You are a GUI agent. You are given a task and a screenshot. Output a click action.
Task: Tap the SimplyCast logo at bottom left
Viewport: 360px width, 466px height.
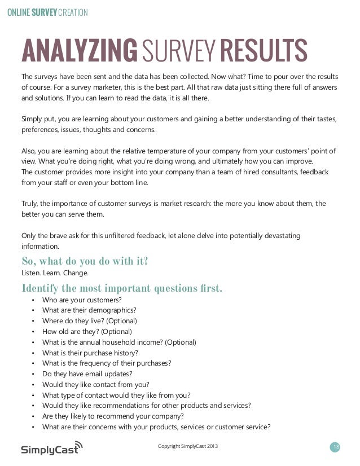51,449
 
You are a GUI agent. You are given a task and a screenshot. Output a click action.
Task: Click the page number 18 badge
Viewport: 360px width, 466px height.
336,447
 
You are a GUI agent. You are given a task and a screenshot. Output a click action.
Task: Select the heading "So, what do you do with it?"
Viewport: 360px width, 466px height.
85,261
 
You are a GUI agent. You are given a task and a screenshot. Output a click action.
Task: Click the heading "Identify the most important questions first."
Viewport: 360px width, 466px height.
122,289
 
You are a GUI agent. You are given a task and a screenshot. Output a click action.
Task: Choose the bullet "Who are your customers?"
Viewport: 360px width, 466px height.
82,300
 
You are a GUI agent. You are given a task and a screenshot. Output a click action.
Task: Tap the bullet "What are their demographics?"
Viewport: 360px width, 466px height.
89,310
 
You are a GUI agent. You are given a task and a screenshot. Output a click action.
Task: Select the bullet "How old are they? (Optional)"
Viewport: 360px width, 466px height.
87,331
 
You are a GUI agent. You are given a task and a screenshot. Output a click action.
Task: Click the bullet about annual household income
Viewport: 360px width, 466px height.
119,342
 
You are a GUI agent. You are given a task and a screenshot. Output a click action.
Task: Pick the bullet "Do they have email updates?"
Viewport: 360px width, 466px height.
87,373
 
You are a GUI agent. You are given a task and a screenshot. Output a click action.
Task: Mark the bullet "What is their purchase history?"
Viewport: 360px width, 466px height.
90,353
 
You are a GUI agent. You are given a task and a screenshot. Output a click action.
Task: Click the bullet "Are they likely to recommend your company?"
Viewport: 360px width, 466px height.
113,416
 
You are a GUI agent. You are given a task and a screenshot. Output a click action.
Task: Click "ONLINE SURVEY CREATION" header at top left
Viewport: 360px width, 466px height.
47,11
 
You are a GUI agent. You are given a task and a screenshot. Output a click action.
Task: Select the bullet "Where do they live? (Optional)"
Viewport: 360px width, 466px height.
90,320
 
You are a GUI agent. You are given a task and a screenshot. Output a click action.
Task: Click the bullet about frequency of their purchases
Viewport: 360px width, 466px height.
107,363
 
